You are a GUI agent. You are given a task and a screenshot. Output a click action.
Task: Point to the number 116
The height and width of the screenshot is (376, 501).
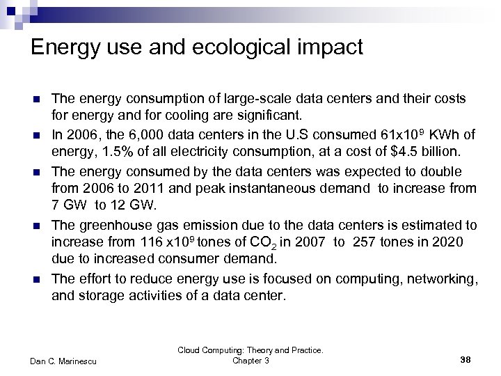point(145,242)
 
